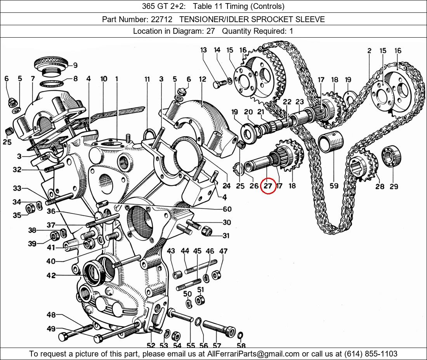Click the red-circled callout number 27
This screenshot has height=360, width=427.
[x=268, y=186]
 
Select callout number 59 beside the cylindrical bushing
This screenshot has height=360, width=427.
[x=334, y=186]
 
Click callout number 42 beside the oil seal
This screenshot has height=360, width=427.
[x=51, y=275]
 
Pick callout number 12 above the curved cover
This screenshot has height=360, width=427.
[x=203, y=79]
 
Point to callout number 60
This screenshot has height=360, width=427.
[x=227, y=209]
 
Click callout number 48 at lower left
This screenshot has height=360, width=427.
[x=51, y=315]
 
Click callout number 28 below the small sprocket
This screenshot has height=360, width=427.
[x=380, y=187]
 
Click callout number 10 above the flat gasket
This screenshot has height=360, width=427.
[x=104, y=79]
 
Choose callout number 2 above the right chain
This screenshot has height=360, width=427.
[x=369, y=51]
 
